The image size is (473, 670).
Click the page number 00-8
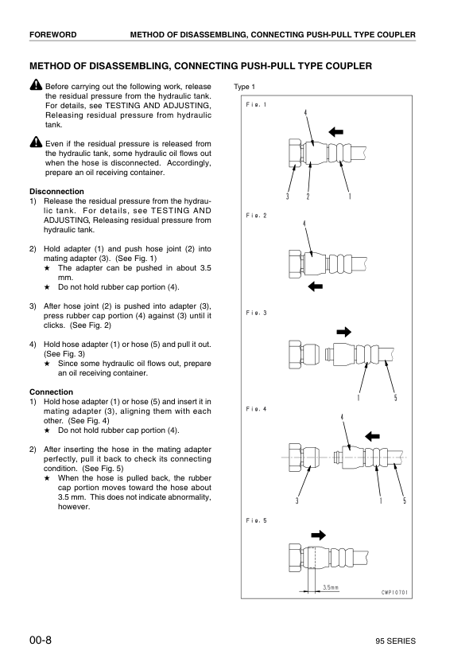point(41,641)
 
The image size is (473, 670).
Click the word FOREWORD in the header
point(52,36)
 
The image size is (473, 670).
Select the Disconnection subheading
point(56,192)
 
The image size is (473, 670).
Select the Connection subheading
point(51,392)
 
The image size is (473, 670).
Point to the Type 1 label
point(245,87)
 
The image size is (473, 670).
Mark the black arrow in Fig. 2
point(316,284)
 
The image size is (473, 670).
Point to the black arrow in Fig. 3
point(346,331)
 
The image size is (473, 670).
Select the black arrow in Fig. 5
point(319,535)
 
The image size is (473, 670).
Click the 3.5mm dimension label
point(330,587)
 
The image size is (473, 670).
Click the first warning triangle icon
point(36,86)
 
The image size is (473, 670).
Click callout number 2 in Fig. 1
point(308,195)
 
